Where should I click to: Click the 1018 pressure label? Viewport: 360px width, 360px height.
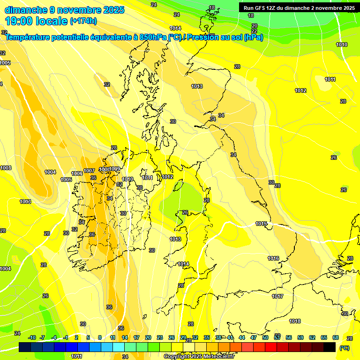pos(295,321)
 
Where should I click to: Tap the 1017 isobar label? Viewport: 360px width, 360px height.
pos(277,296)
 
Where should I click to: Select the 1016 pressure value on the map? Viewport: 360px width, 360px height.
pos(273,258)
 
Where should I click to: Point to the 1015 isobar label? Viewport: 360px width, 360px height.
pos(261,224)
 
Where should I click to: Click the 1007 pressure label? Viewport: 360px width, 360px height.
pos(89,171)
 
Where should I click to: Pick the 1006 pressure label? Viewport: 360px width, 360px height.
pos(77,174)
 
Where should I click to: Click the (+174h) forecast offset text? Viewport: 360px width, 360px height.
pos(83,21)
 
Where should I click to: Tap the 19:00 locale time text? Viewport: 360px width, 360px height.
pos(37,21)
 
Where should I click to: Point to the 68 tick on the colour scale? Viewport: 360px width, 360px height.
pos(335,337)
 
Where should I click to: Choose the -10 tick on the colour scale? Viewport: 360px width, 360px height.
pos(32,337)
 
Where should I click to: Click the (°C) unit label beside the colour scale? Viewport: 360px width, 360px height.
pos(344,348)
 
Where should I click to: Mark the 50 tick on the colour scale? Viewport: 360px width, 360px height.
pos(265,337)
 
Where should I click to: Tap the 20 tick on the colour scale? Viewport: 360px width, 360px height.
pos(148,337)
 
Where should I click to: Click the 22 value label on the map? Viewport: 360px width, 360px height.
pos(254,31)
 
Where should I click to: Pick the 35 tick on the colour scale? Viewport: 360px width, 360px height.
pos(207,337)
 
